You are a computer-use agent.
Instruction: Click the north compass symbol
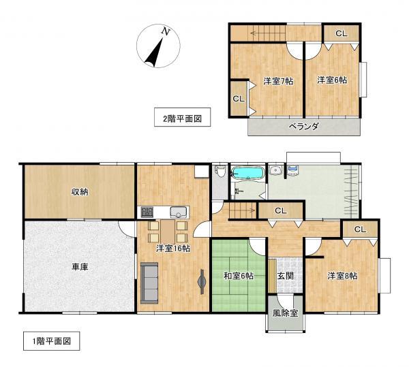[158, 46]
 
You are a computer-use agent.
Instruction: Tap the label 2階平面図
[182, 117]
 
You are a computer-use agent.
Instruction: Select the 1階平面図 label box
[52, 340]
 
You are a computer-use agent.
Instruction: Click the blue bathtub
[247, 172]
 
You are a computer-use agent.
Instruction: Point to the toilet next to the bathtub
[220, 172]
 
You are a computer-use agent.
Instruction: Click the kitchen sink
[179, 212]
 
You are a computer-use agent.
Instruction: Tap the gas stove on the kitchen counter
[147, 212]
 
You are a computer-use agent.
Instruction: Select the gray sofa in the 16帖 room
[149, 283]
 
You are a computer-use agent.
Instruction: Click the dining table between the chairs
[168, 232]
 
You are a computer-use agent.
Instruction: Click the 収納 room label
[80, 192]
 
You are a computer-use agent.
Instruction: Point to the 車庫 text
[80, 267]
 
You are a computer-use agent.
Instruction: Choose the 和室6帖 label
[239, 276]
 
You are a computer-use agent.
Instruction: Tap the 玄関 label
[286, 276]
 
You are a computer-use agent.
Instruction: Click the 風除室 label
[286, 313]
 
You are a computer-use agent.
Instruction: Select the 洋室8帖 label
[342, 276]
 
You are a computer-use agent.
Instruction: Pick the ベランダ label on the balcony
[303, 127]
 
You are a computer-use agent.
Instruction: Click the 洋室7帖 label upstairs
[278, 81]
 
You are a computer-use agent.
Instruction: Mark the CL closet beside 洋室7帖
[239, 99]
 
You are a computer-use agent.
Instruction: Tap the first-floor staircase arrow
[242, 210]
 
